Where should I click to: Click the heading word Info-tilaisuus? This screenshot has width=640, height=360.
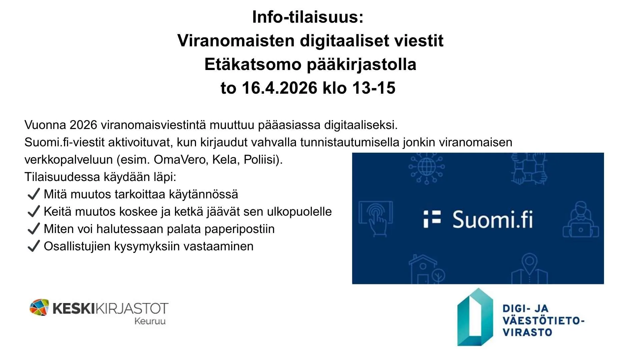[x=307, y=17]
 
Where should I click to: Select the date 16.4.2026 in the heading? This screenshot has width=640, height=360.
[x=280, y=88]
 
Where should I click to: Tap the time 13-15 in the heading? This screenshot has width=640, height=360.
[x=374, y=88]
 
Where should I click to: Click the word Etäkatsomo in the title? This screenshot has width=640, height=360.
[x=253, y=64]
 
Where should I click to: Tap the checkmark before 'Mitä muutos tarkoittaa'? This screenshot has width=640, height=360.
[x=34, y=194]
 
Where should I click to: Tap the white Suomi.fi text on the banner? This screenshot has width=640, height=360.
[x=492, y=220]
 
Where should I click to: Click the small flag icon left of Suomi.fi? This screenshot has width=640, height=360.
[x=432, y=219]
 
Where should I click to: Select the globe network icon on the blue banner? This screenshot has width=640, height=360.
[x=427, y=167]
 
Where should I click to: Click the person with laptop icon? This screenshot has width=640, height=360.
[x=581, y=220]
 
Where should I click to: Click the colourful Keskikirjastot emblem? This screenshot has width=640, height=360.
[x=39, y=307]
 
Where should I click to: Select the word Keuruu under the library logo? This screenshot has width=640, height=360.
[x=150, y=321]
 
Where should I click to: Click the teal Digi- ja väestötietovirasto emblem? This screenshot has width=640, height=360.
[x=475, y=317]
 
